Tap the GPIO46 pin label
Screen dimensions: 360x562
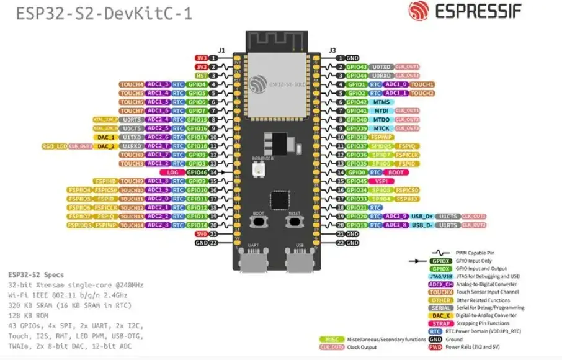[197, 172]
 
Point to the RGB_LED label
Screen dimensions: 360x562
[55, 146]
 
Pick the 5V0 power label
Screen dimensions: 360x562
[202, 234]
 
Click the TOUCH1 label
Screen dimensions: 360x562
[422, 84]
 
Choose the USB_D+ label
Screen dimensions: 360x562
[422, 216]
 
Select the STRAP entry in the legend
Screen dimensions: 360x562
[440, 323]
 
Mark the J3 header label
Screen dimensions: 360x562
[332, 50]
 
